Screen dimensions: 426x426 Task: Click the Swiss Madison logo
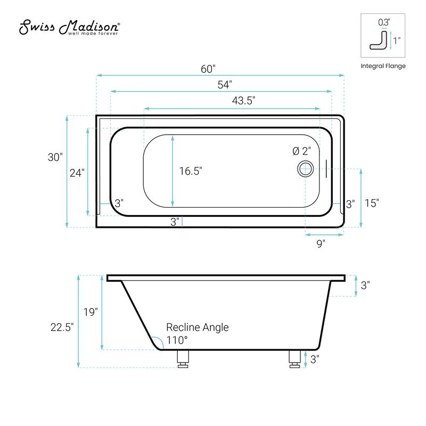(70, 28)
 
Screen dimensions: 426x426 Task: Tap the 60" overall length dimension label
(208, 69)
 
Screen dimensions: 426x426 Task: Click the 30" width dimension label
(55, 158)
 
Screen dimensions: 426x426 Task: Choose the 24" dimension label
(77, 173)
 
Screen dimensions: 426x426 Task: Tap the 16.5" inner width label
(191, 171)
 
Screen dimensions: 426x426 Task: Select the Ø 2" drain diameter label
(302, 151)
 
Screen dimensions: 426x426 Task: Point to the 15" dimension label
(371, 203)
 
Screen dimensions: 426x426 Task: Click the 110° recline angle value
(177, 340)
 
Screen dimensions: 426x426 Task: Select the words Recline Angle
(198, 327)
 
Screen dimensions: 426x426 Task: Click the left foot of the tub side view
(183, 360)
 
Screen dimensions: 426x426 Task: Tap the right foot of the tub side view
(294, 359)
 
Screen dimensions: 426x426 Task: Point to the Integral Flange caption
(383, 66)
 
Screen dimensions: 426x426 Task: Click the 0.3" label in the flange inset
(384, 22)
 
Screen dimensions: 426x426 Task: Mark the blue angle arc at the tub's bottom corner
(155, 342)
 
